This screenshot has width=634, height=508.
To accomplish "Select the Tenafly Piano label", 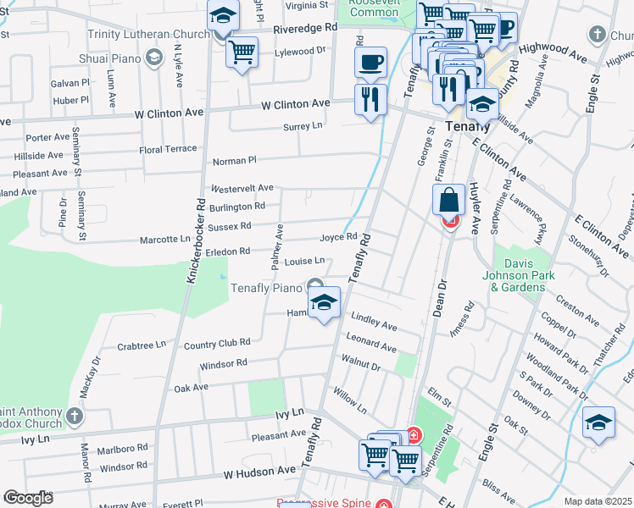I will click(x=268, y=288).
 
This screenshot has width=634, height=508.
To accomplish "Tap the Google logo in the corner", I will click(x=27, y=498).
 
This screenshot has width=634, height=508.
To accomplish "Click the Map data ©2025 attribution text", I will click(x=597, y=501).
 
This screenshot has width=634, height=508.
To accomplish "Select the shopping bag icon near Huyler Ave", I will click(x=449, y=201).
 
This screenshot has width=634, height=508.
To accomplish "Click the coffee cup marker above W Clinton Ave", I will click(x=370, y=62).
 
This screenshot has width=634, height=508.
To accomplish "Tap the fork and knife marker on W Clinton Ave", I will click(x=370, y=99).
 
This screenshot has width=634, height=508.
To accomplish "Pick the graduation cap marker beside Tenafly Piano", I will click(x=324, y=302).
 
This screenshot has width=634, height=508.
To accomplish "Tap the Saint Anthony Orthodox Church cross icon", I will click(x=75, y=416).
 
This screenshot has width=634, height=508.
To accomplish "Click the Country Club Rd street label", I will click(x=217, y=343).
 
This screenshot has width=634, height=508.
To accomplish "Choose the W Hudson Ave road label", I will click(x=248, y=470).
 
